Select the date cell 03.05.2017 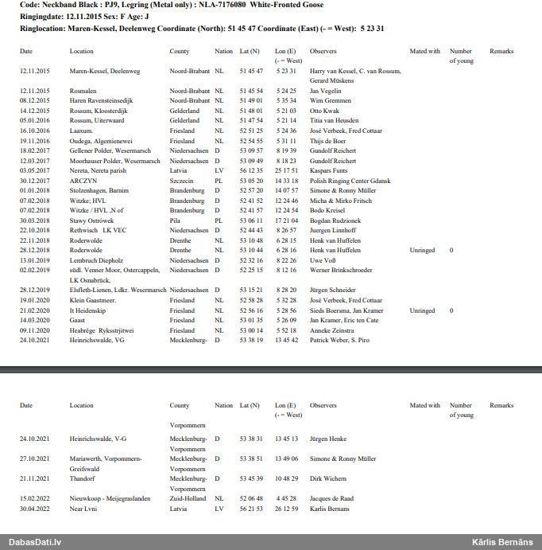coord(35,170)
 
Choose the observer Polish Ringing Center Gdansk coord(350,181)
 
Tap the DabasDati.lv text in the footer coord(35,542)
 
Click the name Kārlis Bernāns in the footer coord(502,542)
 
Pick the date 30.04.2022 coord(35,509)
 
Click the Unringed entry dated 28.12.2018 coord(421,250)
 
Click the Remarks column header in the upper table coord(501,51)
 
